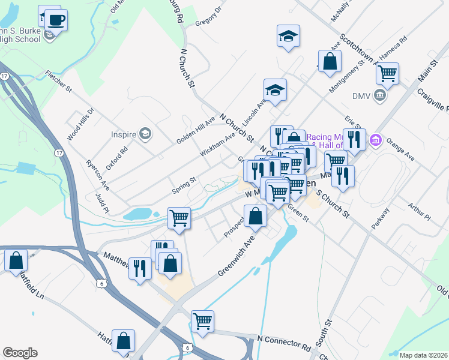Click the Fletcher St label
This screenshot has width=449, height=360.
58,82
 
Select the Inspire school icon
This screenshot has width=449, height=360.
145,133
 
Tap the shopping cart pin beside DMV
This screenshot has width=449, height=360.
387,74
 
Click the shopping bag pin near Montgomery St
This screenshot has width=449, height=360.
330,62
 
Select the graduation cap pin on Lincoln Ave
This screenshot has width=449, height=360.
275,91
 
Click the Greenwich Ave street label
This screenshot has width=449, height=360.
237,255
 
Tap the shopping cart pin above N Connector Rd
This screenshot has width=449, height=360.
202,321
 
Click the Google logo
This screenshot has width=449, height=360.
20,353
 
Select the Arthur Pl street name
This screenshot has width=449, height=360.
419,211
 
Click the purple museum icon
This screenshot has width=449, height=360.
376,140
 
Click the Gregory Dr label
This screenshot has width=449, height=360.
208,17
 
